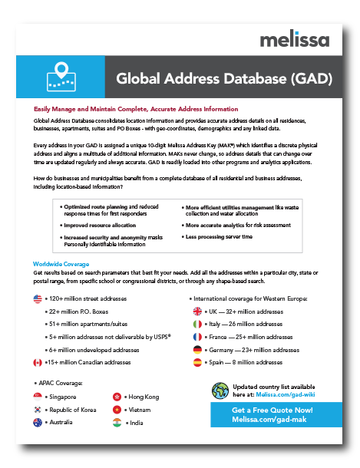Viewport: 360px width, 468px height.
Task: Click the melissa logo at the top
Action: (x=294, y=39)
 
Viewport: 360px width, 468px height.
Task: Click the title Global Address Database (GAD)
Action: (x=223, y=78)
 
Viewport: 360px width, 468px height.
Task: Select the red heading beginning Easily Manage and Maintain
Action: (x=136, y=110)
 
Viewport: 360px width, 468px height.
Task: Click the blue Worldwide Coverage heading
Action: (x=61, y=264)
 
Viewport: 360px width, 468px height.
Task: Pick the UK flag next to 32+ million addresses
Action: (x=197, y=311)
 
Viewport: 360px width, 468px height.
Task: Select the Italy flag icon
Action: (x=197, y=325)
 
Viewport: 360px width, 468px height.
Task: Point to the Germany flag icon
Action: (x=197, y=350)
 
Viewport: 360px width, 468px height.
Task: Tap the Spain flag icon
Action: (x=197, y=362)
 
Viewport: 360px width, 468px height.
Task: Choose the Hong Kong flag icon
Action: (x=117, y=397)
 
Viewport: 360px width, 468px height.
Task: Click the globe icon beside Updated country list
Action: (x=220, y=391)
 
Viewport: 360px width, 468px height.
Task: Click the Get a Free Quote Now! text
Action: (x=272, y=410)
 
